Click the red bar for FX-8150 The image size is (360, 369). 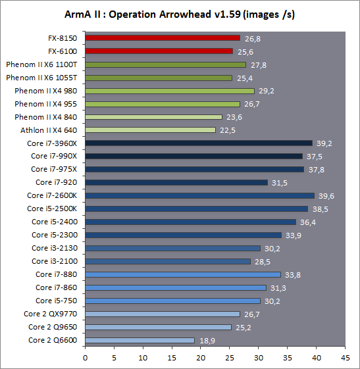pyautogui.click(x=163, y=38)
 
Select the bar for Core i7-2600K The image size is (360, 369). pyautogui.click(x=200, y=195)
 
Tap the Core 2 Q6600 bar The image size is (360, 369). pyautogui.click(x=140, y=340)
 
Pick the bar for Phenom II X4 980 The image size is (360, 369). pyautogui.click(x=170, y=91)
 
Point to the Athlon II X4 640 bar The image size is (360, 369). pyautogui.click(x=151, y=130)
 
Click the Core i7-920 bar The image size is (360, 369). pyautogui.click(x=176, y=182)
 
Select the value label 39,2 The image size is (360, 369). pyautogui.click(x=324, y=143)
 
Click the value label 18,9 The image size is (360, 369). pyautogui.click(x=207, y=341)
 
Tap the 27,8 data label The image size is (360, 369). pyautogui.click(x=259, y=65)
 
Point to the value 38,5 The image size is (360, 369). pyautogui.click(x=321, y=209)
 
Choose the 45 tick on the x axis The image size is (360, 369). pyautogui.click(x=345, y=358)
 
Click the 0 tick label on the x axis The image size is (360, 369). pyautogui.click(x=86, y=358)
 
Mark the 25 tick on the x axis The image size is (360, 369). pyautogui.click(x=230, y=358)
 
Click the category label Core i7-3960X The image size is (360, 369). pyautogui.click(x=52, y=143)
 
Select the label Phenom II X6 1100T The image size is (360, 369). pyautogui.click(x=41, y=64)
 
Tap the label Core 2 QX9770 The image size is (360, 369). pyautogui.click(x=51, y=314)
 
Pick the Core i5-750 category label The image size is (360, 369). pyautogui.click(x=57, y=301)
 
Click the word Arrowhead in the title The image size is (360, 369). pyautogui.click(x=185, y=14)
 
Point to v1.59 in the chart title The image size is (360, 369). pyautogui.click(x=228, y=14)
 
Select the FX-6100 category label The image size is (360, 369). pyautogui.click(x=63, y=51)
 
